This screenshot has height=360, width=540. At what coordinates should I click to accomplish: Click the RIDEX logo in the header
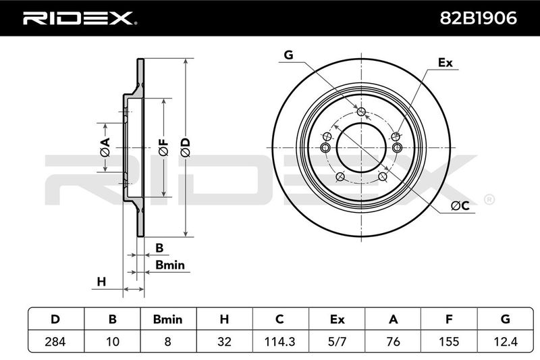pos(79,18)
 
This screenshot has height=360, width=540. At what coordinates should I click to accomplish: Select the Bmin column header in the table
pos(169,319)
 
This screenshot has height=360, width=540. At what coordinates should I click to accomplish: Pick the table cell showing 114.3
pos(280,342)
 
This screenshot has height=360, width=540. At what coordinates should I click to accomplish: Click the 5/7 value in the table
pos(337,342)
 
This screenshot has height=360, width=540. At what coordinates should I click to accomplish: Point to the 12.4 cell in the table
pos(506,342)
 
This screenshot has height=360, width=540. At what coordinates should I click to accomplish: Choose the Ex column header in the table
pos(337,319)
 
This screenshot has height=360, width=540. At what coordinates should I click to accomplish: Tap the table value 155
pos(449,342)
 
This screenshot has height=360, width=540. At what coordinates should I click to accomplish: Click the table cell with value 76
pos(393,342)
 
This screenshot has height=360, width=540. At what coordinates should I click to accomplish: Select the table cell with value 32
pos(224,342)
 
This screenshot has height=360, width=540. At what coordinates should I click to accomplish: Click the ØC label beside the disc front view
pos(460,205)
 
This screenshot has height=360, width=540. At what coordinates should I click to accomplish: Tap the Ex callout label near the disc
pos(445,63)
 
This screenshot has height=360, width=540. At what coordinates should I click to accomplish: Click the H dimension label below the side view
pos(101,281)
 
